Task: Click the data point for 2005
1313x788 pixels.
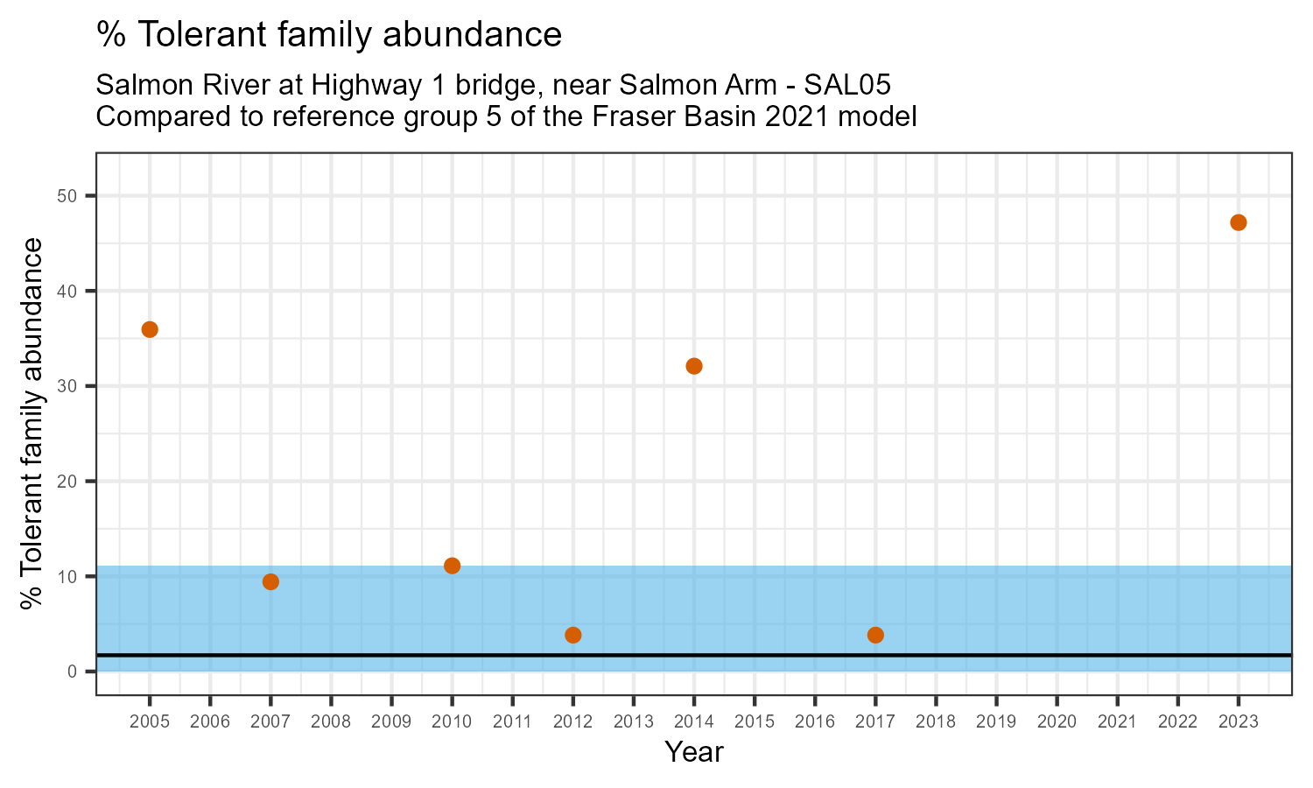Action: coord(150,329)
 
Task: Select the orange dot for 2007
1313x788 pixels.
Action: coord(270,582)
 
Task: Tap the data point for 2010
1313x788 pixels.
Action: coord(452,566)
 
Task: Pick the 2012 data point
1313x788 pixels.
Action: coord(573,635)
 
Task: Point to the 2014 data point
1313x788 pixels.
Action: coord(694,366)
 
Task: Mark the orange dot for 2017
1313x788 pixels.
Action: coord(875,635)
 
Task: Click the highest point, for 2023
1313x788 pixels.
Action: coord(1238,222)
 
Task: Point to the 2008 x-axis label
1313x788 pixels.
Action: coord(331,722)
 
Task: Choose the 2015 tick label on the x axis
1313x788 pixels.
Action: coord(755,722)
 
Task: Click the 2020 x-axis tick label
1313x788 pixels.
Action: coord(1057,722)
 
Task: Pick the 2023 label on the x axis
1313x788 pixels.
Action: coord(1238,722)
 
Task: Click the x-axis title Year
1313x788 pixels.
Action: coord(694,752)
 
